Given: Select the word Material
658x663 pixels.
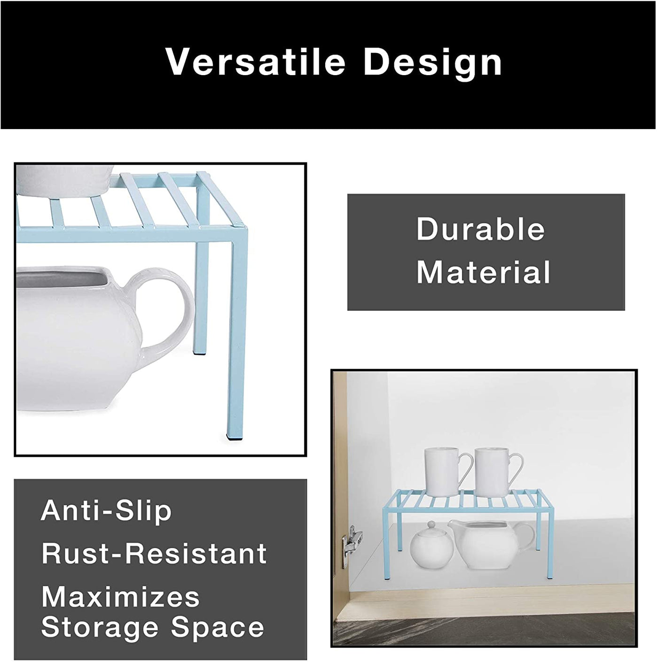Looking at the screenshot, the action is (483, 272).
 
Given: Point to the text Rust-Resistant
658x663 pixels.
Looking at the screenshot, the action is (154, 554).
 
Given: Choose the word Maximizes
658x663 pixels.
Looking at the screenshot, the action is (120, 597).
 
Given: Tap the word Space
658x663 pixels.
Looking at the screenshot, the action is (218, 627).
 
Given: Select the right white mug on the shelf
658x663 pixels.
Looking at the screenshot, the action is (496, 472).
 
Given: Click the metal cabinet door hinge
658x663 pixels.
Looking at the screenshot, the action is (351, 545).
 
